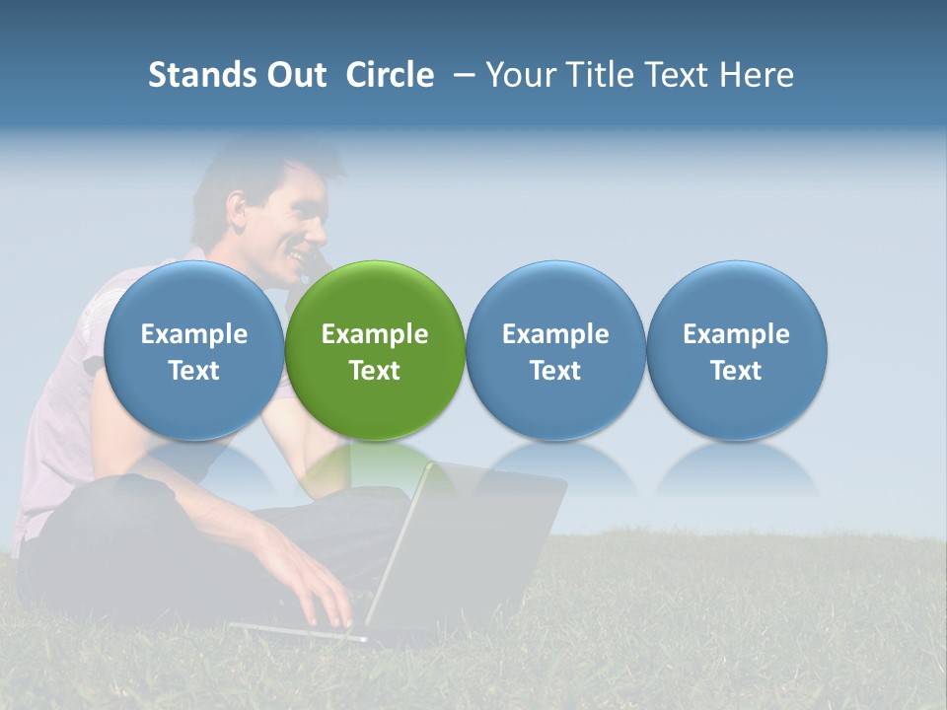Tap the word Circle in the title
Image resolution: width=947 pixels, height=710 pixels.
click(390, 75)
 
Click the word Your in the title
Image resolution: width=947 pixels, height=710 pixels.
click(520, 75)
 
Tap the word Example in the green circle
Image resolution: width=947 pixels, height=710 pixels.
click(375, 334)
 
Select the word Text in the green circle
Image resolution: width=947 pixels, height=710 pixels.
click(375, 371)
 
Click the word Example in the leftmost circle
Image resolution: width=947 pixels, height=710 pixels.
click(194, 334)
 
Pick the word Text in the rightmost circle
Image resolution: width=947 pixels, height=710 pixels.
click(737, 371)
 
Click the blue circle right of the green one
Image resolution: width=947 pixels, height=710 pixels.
click(555, 351)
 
